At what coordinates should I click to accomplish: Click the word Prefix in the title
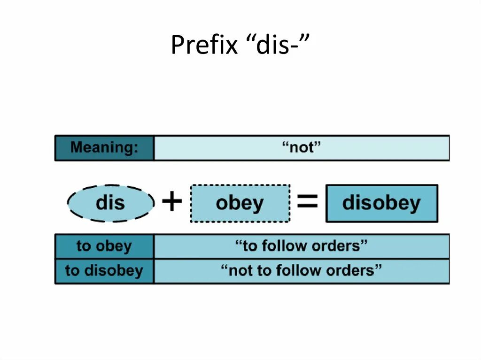pos(204,46)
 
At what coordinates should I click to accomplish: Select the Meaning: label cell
pos(104,148)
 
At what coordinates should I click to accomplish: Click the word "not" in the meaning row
pos(301,148)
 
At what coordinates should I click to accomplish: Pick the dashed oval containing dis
pos(110,203)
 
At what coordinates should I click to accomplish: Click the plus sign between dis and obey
pos(172,203)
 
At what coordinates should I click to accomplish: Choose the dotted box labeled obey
pos(240,203)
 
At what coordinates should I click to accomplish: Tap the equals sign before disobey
pos(308,203)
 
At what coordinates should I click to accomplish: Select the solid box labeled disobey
pos(381,203)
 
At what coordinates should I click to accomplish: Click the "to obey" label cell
pos(104,246)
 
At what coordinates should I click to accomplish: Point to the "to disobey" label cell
pos(104,271)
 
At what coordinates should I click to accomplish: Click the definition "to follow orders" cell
pos(301,246)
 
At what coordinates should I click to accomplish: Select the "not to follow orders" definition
pos(301,271)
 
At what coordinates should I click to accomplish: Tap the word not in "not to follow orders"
pos(240,271)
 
